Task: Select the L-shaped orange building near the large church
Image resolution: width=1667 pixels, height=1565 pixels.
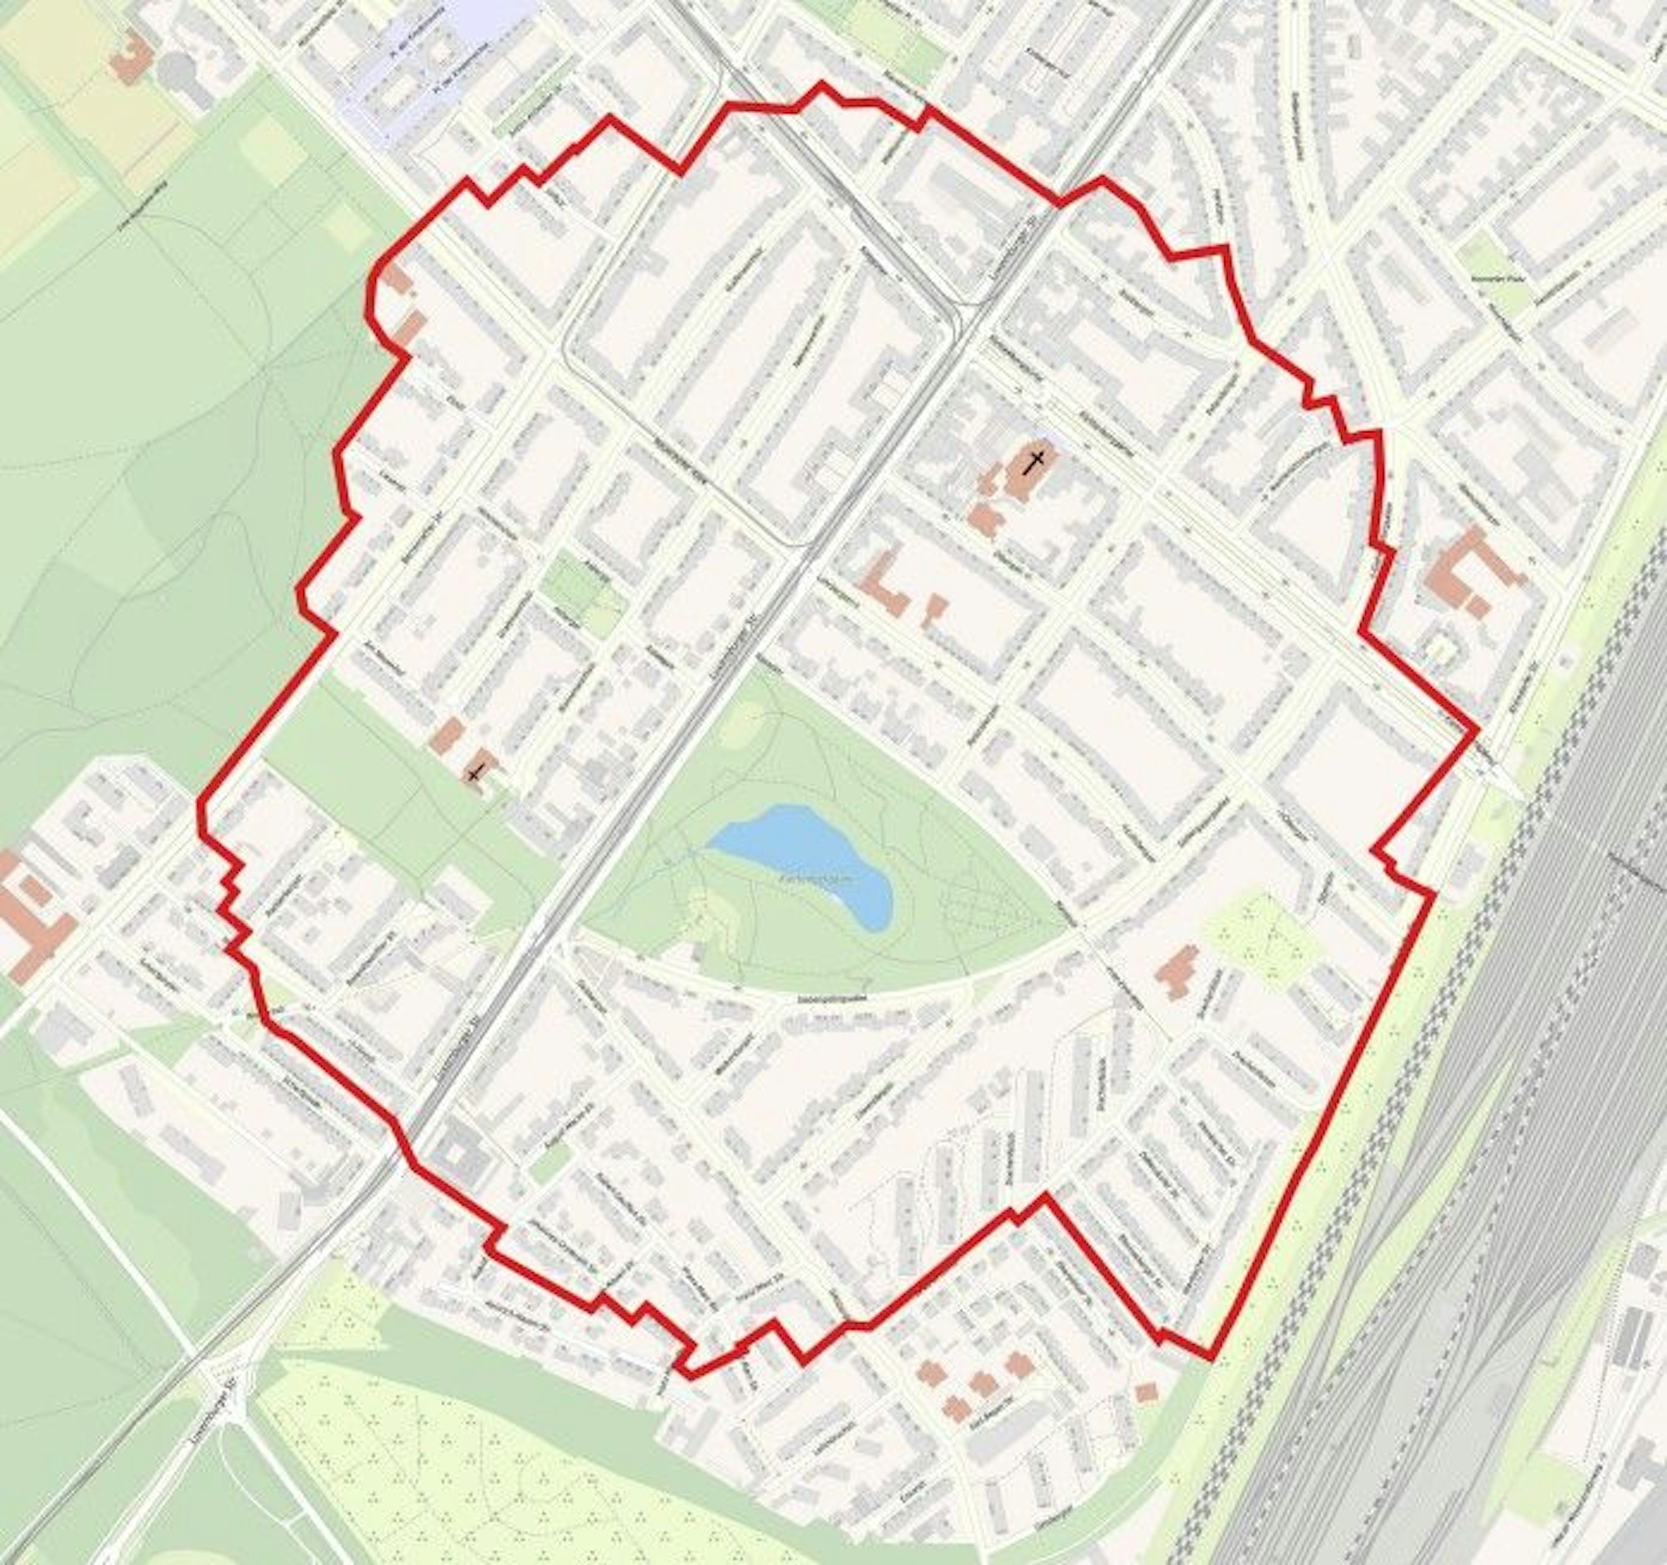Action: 886,582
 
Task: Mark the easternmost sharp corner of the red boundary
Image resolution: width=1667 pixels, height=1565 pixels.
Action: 1476,733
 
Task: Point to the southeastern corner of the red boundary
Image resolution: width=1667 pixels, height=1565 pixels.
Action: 1211,1357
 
